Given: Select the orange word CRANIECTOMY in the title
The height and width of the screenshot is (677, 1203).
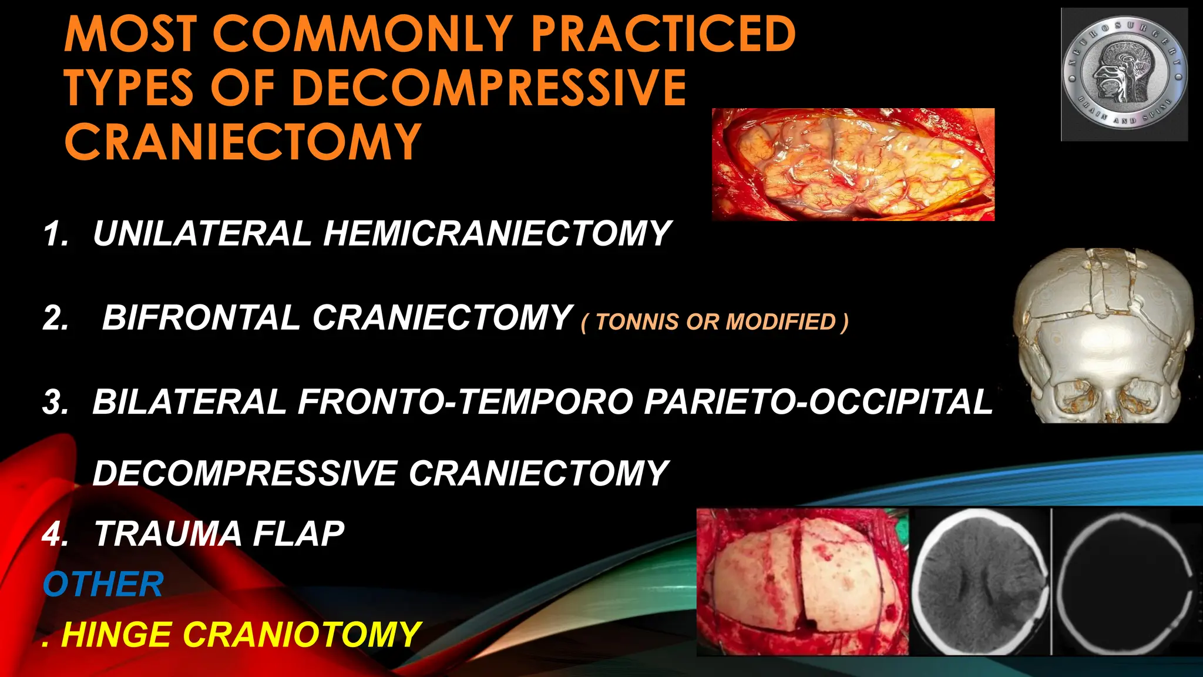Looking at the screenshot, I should tap(242, 142).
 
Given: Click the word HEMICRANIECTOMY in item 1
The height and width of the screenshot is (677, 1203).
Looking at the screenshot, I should tap(497, 233).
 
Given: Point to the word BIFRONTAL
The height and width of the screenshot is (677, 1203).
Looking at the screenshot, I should tap(201, 318).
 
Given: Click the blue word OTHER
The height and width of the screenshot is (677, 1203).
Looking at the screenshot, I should tap(103, 585).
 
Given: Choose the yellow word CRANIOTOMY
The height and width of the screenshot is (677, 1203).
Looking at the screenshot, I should tap(302, 635).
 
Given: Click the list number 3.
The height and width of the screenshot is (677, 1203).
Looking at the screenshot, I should tap(56, 403).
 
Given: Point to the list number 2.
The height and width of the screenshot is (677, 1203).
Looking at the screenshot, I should tap(56, 319).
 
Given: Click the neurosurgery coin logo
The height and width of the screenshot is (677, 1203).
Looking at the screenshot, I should tap(1124, 75).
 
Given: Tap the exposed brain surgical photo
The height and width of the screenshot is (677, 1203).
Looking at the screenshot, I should tap(853, 165).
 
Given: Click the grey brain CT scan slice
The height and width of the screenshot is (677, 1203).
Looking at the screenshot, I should tap(980, 582).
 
